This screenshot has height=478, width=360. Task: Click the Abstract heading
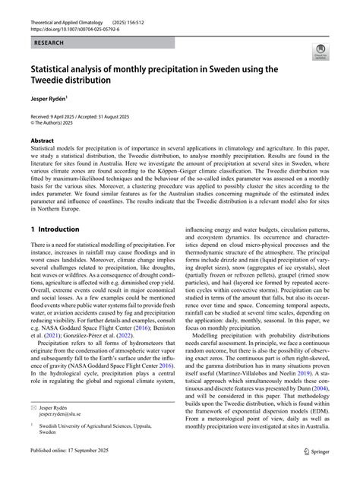click(x=42, y=141)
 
